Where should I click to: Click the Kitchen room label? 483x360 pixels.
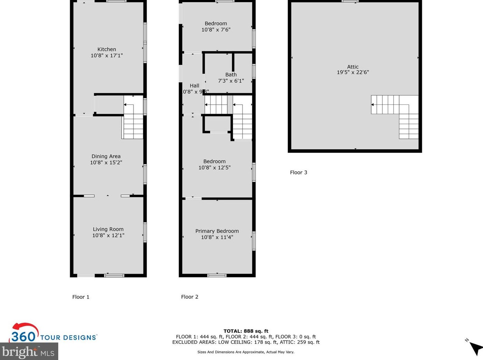107,49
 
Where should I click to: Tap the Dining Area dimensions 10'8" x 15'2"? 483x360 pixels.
106,162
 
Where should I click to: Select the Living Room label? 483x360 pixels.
108,229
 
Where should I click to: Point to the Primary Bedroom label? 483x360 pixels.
217,231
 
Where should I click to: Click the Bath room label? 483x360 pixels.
231,74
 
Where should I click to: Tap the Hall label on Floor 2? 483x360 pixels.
194,86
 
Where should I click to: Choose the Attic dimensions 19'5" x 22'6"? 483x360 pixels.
353,72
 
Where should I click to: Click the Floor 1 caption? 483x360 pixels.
81,297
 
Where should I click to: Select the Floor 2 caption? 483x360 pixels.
189,297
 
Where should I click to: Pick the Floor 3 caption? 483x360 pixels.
298,172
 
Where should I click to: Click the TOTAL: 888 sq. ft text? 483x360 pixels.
246,331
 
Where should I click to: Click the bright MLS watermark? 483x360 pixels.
28,352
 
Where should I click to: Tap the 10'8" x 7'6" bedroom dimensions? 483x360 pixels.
216,30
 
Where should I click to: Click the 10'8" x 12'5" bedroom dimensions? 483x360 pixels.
214,168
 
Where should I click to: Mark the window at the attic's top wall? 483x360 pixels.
350,1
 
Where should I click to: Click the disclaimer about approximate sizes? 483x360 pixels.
246,352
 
